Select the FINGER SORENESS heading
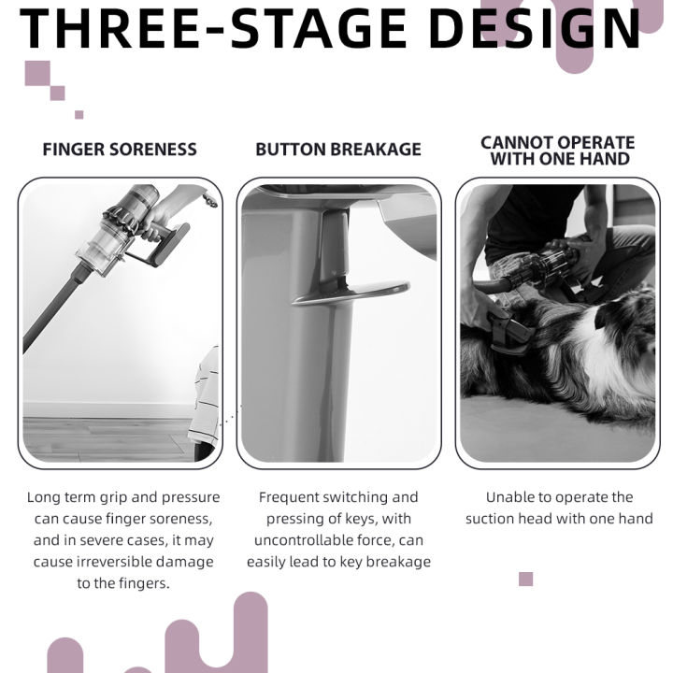click(120, 150)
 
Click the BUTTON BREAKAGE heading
click(338, 150)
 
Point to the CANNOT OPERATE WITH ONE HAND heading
click(558, 150)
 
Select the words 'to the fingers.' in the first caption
click(123, 583)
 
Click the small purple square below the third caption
click(525, 579)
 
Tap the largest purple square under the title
click(37, 74)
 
